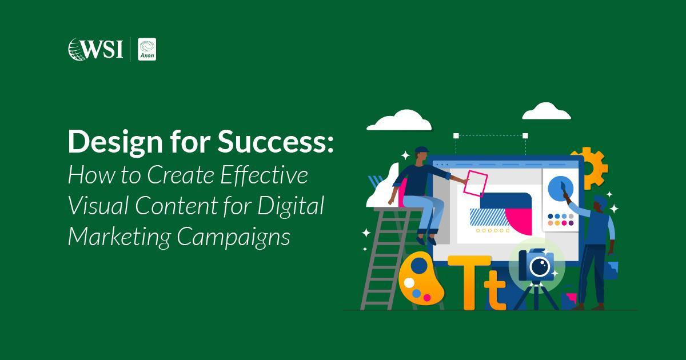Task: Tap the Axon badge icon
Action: pyautogui.click(x=147, y=49)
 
